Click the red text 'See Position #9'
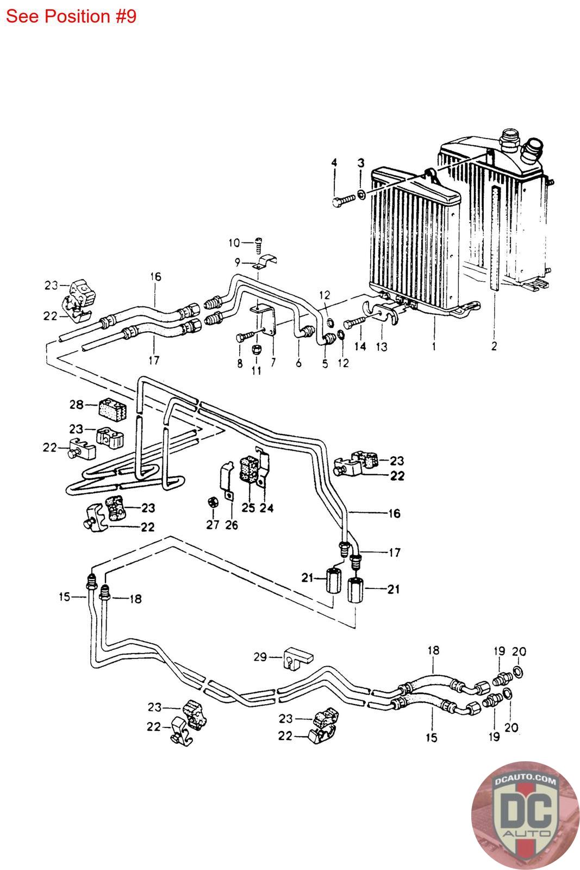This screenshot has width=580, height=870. pos(71,16)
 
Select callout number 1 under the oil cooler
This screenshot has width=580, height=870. pos(434,346)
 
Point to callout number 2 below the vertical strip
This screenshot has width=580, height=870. pos(494,346)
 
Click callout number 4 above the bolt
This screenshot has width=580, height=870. pos(334,163)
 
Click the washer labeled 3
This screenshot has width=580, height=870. pos(361,194)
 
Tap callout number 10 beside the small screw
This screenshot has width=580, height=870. pos(234,243)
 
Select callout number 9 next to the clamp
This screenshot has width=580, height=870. pos(238,262)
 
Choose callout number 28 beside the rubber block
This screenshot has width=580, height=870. pos(77,405)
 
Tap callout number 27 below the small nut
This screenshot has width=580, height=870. pos(213,525)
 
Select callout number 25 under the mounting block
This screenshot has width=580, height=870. pos(248,508)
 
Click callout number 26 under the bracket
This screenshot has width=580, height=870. pos(232,525)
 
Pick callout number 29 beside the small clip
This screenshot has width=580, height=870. pos(260,657)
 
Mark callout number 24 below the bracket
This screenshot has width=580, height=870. pos(266,508)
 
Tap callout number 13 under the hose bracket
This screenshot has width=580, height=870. pos(382,346)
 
